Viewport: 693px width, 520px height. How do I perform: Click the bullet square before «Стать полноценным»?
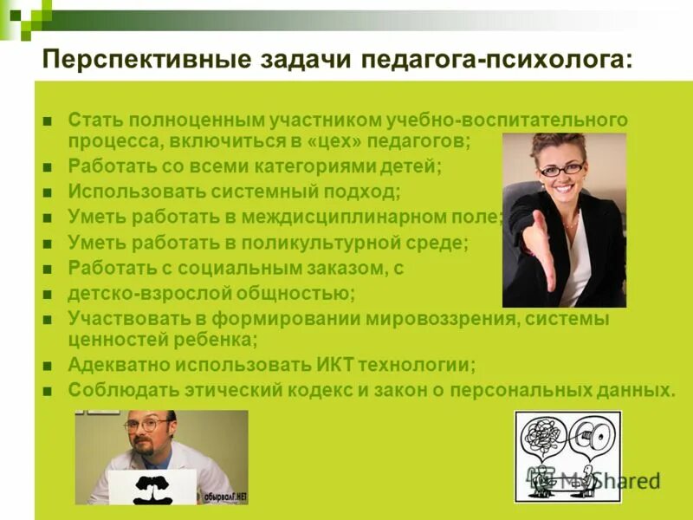[49, 119]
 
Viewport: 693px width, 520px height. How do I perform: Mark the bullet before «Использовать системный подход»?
[49, 192]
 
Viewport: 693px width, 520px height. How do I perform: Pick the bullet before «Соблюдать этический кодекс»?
[49, 391]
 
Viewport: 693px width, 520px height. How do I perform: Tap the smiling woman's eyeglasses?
[560, 169]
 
